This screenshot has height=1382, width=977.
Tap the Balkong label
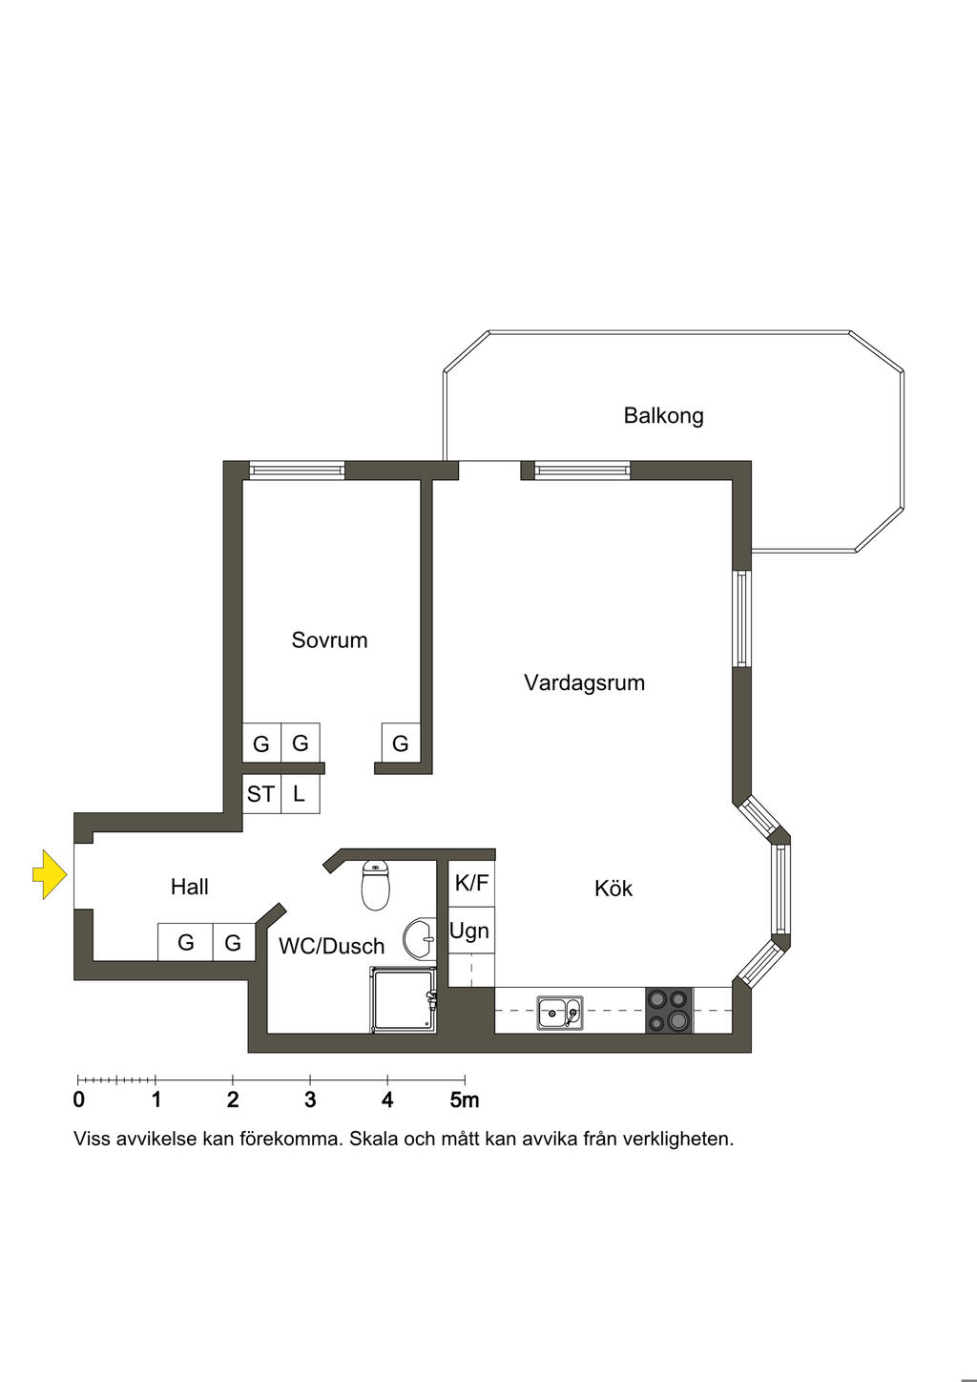click(663, 415)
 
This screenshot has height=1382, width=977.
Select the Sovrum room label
click(329, 639)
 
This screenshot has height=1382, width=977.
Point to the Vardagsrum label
click(584, 682)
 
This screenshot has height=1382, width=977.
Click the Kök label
click(613, 889)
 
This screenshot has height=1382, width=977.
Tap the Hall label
click(189, 887)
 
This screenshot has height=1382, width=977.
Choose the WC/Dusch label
click(331, 946)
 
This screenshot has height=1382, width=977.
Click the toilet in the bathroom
click(376, 885)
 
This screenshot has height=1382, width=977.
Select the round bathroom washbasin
click(421, 939)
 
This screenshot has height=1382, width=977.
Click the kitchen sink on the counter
click(560, 1012)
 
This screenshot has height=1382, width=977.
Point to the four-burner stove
click(669, 1011)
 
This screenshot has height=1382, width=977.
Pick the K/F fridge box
click(471, 883)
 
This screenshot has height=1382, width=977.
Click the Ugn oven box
click(469, 931)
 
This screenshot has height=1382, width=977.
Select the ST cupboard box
click(260, 794)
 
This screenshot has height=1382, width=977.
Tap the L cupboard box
click(300, 794)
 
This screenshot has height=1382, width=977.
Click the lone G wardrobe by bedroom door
click(401, 743)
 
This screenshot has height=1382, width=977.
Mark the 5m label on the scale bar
click(465, 1100)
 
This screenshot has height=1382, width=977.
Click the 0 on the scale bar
click(78, 1100)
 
